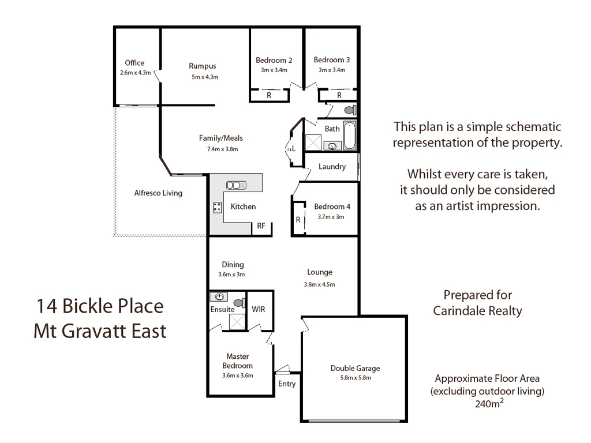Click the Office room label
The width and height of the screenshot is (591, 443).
tap(134, 63)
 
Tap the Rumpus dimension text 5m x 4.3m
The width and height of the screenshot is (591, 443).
tap(205, 77)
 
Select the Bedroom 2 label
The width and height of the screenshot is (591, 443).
tap(274, 60)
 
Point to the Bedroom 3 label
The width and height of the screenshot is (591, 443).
tap(331, 59)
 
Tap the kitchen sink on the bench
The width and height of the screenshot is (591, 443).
tap(236, 185)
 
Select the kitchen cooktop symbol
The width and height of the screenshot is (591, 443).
tap(218, 208)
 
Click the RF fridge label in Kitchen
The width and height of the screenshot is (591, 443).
tap(261, 226)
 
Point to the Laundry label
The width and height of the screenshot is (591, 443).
tap(332, 167)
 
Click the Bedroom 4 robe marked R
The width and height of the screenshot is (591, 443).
tap(298, 220)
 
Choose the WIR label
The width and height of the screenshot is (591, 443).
tap(258, 309)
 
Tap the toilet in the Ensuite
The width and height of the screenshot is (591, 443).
tap(238, 302)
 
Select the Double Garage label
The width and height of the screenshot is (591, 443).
tap(355, 369)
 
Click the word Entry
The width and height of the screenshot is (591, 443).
tap(287, 384)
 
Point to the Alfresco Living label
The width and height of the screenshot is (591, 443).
tap(158, 193)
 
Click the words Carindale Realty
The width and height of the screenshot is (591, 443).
tap(477, 311)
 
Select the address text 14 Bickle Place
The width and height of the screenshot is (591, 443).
tap(100, 306)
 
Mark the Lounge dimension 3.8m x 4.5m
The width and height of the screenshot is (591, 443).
tap(319, 284)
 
